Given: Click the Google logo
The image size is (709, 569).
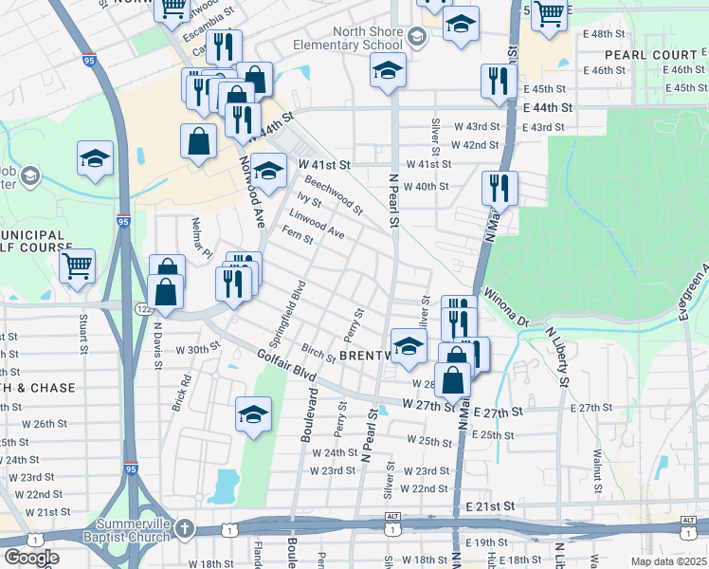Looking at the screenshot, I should pyautogui.click(x=30, y=558).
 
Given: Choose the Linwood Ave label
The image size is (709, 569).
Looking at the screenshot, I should pyautogui.click(x=317, y=224).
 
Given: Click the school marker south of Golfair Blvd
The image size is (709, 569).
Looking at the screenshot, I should pyautogui.click(x=252, y=414).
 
